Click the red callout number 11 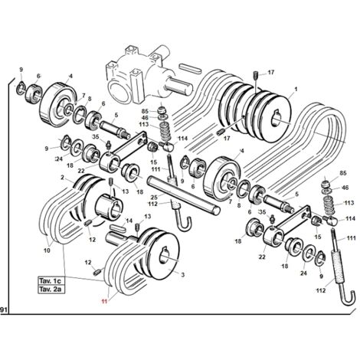tap(104, 301)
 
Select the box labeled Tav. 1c tap(51, 281)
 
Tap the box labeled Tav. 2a tap(51, 290)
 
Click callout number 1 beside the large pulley tap(296, 90)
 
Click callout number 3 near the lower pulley tap(183, 275)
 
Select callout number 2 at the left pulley tap(62, 178)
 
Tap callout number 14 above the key tap(129, 221)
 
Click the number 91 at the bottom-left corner tap(3, 310)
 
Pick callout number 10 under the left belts tap(47, 250)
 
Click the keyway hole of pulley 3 tap(164, 255)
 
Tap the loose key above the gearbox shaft tap(190, 69)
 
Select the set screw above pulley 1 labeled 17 tap(256, 76)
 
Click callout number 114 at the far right tap(350, 218)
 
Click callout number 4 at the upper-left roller tap(70, 76)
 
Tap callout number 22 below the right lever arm tap(262, 257)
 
